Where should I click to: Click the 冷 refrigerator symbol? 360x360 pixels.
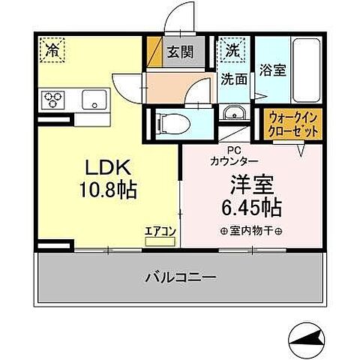pos(51,51)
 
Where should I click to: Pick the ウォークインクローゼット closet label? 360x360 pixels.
pos(293,124)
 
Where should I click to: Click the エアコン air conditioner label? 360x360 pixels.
pos(160,231)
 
